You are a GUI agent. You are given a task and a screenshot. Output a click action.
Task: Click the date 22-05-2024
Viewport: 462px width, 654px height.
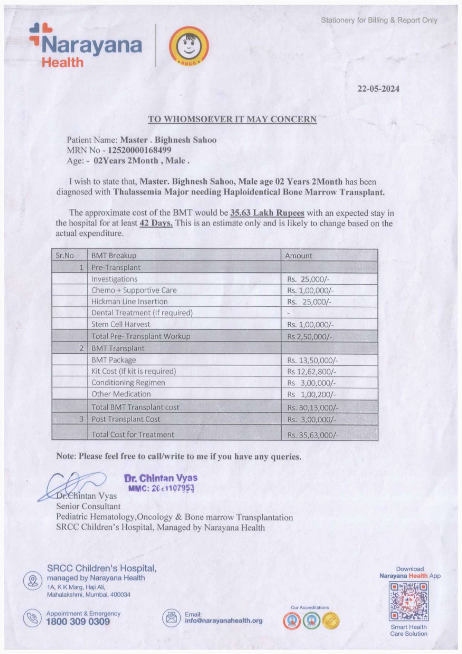378,89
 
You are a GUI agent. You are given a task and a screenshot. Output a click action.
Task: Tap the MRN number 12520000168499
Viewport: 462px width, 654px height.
139,150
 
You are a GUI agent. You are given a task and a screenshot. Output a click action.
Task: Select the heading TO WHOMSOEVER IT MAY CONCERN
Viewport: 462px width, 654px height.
232,119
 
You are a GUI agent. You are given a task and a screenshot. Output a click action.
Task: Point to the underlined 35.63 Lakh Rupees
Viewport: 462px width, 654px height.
267,213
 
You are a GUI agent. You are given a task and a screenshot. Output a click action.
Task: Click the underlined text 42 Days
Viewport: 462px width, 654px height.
156,223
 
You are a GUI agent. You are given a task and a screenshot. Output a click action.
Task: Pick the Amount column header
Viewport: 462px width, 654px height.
298,256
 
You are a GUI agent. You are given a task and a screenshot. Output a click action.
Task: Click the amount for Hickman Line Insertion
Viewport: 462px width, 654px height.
309,302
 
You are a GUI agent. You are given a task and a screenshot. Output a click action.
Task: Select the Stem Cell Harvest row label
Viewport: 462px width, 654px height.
121,324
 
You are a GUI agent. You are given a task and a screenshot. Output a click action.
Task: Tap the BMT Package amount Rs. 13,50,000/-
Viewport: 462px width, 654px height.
312,360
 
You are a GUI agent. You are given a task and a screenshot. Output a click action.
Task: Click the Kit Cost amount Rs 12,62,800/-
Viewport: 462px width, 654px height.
311,372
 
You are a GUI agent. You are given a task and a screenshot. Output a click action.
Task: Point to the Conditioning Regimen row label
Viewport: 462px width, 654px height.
128,383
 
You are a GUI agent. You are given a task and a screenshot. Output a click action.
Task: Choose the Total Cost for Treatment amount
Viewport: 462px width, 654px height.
312,435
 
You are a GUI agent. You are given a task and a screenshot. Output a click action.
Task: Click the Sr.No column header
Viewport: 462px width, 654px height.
65,256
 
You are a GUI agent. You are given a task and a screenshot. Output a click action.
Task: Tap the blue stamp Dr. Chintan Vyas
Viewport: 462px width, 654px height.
161,483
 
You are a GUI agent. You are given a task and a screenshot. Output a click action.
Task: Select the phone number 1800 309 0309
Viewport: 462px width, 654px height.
78,622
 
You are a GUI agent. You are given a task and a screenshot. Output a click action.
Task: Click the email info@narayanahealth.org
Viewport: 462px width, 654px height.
224,621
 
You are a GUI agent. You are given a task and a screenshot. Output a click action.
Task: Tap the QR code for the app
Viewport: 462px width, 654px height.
409,601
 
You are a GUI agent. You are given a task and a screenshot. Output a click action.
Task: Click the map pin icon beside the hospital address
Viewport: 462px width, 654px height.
33,581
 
